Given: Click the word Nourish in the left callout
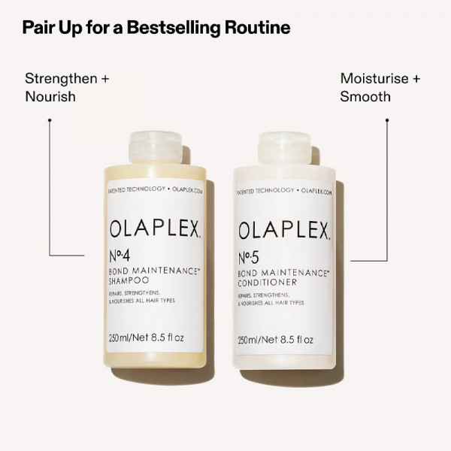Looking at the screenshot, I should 50,96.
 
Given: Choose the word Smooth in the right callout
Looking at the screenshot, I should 365,96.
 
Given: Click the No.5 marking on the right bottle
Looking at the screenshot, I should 251,255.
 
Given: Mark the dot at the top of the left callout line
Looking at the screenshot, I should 49,119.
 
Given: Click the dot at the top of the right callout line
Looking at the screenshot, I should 386,119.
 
